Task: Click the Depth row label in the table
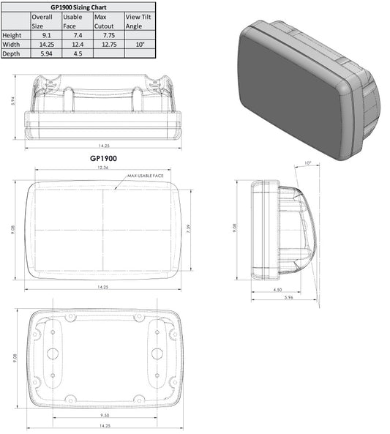[12, 53]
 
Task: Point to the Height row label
[12, 34]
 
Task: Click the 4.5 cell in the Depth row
[76, 53]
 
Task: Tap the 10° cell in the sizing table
[139, 44]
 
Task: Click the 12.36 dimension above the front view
[103, 168]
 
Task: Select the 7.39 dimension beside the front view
[188, 228]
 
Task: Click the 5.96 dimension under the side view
[288, 299]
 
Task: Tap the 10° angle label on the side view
[307, 163]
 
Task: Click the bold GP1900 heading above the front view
[103, 157]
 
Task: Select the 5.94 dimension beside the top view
[12, 102]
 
